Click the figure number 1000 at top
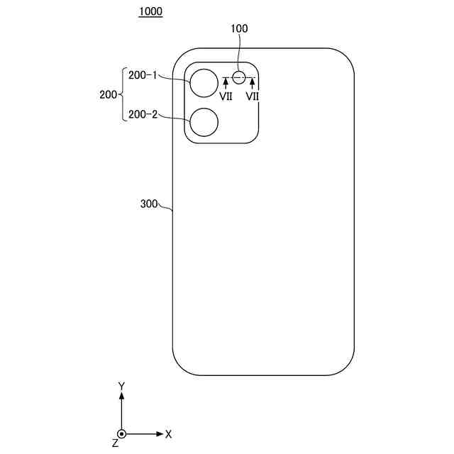pos(150,12)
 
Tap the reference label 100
pos(240,28)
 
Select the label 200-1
pos(143,74)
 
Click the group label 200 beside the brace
pos(109,94)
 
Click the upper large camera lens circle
pos(204,83)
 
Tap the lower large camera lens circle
pos(204,122)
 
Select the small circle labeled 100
pos(240,77)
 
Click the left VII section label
pos(226,96)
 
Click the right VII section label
pos(252,96)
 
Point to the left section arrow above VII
pos(226,84)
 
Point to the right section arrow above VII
pos(252,84)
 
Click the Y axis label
pos(121,386)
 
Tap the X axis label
pos(168,433)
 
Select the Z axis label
pos(115,443)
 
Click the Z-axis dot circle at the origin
pos(121,433)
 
